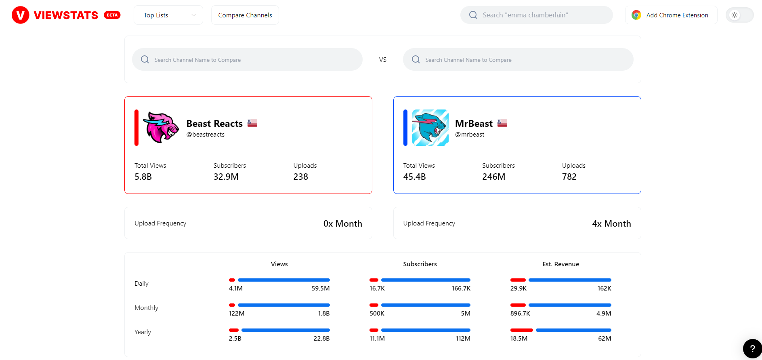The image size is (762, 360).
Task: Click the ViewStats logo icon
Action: [x=20, y=15]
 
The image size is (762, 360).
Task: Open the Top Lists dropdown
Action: [x=168, y=15]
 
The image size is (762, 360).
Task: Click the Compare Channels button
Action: [x=245, y=15]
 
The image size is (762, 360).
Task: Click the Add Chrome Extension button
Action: [x=671, y=15]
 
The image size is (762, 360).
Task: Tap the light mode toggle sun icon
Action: [x=734, y=15]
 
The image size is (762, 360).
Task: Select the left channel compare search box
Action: [x=247, y=60]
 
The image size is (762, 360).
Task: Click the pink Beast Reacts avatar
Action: [x=161, y=127]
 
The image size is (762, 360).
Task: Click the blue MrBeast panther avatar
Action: [x=430, y=127]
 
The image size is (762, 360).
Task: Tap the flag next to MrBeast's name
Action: [x=502, y=123]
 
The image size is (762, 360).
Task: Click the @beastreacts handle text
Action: [x=205, y=135]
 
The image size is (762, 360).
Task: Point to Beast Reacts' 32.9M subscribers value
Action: [x=226, y=177]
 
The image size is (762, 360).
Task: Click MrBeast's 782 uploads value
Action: [x=569, y=177]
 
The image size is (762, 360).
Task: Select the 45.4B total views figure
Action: [x=414, y=177]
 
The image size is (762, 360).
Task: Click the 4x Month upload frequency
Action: [x=611, y=223]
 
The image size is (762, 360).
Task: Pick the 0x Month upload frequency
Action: [x=342, y=223]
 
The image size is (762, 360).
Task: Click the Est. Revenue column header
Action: [x=560, y=264]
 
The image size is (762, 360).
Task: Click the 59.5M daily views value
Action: [x=320, y=288]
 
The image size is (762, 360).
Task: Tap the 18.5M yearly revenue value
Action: [x=518, y=339]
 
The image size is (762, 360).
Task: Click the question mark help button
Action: [x=752, y=349]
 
